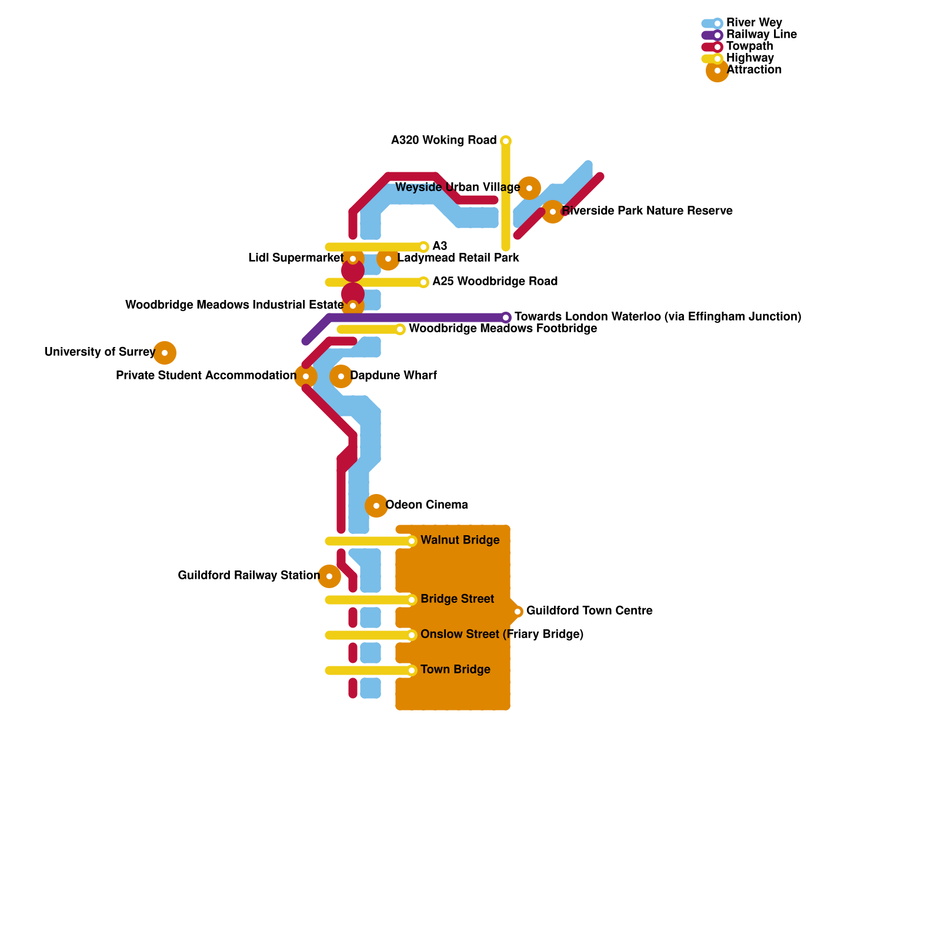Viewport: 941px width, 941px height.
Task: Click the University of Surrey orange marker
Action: (x=165, y=353)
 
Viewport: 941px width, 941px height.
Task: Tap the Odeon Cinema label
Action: (x=426, y=505)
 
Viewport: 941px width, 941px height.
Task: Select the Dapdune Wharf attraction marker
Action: (x=341, y=376)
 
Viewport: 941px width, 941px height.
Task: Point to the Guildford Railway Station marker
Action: (x=329, y=576)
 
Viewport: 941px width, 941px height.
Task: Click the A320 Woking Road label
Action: (x=443, y=141)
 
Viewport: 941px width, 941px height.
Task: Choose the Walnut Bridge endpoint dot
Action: (x=412, y=541)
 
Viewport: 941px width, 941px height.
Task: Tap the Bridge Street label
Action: (x=457, y=599)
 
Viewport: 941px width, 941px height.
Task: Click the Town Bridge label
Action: (x=455, y=670)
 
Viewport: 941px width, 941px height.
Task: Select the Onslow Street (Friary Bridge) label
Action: (x=502, y=635)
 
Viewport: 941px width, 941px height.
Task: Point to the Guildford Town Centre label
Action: (x=589, y=611)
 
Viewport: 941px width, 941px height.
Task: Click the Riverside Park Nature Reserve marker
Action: (x=553, y=212)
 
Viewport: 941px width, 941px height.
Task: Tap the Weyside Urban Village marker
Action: (x=529, y=188)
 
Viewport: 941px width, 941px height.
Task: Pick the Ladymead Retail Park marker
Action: (x=388, y=259)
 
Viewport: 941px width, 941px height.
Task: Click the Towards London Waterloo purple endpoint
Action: (x=506, y=318)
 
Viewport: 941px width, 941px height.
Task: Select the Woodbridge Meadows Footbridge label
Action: (x=503, y=329)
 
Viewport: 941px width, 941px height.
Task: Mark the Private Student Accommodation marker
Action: (x=306, y=376)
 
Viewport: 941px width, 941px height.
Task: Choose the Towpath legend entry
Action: (x=749, y=46)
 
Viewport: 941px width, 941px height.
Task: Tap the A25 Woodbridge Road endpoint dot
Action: (x=423, y=282)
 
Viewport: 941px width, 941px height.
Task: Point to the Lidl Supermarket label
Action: (x=295, y=258)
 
